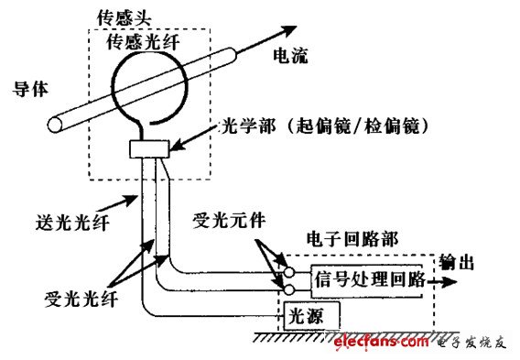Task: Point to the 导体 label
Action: [26, 89]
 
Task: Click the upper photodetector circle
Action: [290, 272]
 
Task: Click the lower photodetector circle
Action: [290, 290]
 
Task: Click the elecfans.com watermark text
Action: [381, 342]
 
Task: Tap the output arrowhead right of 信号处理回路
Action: [451, 280]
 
